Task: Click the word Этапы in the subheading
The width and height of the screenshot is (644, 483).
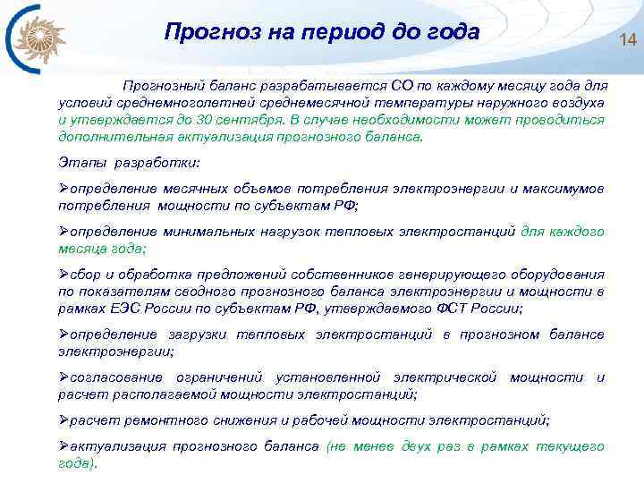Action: pos(79,164)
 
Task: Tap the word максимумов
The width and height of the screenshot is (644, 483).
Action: pos(563,189)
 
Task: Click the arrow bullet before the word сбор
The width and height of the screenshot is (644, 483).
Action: pos(64,275)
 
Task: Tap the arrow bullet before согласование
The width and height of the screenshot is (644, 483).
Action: pos(64,377)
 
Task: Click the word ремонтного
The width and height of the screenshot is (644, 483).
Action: pos(148,420)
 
